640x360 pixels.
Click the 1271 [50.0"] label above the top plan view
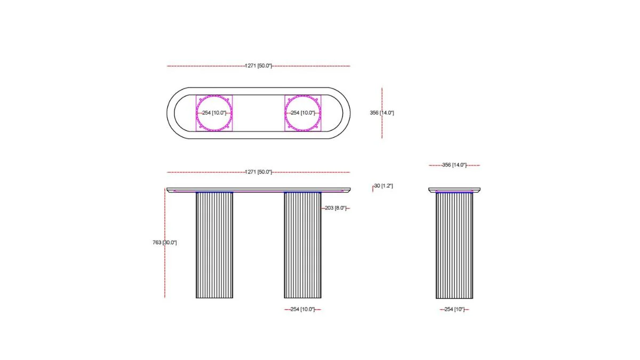[259, 66]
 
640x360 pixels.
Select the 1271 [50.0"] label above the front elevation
[259, 172]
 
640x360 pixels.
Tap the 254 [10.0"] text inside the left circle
[214, 113]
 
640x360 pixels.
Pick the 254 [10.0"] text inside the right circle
[303, 113]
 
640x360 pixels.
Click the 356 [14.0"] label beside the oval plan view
[382, 113]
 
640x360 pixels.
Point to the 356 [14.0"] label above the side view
[454, 165]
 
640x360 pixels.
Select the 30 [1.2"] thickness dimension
[383, 186]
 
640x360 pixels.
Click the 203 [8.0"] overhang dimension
[335, 208]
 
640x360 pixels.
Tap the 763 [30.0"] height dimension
[164, 243]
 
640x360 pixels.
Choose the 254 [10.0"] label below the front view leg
[302, 309]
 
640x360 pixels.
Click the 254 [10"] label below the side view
[454, 309]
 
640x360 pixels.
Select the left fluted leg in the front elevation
[214, 245]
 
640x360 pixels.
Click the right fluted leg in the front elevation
[302, 245]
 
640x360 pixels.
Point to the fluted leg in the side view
[454, 245]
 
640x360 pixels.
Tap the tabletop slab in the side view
[454, 189]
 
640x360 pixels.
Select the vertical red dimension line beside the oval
[382, 128]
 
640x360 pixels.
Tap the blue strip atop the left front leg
[214, 192]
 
